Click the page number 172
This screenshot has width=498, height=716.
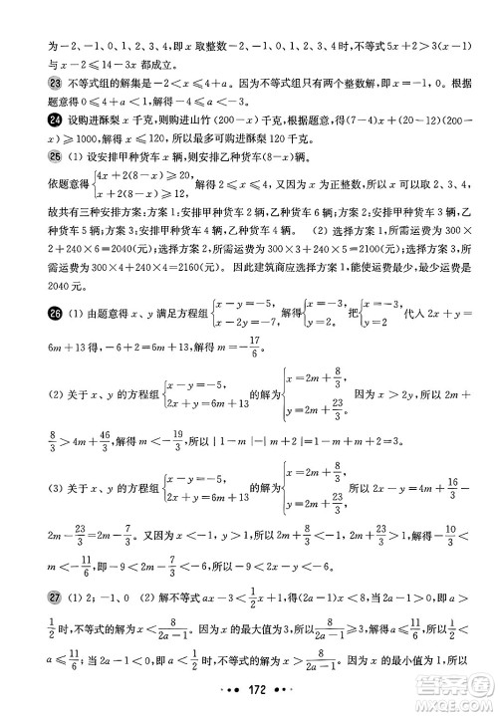tap(247, 689)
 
